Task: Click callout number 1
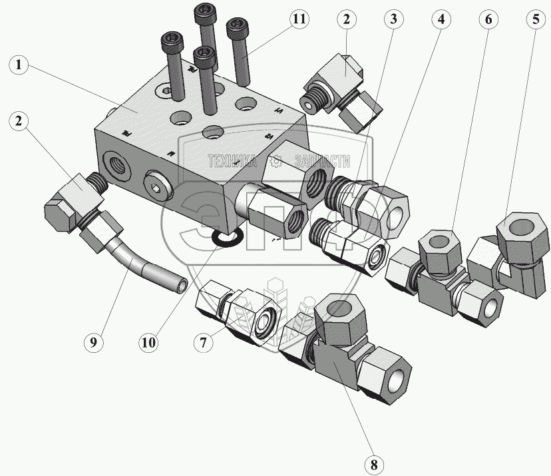pos(19,66)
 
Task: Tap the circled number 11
pos(299,19)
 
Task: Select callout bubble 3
pos(393,19)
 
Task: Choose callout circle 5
pos(534,19)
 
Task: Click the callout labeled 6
pos(488,19)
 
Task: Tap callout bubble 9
pos(94,343)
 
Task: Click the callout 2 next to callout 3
pos(346,19)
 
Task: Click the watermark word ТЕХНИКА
pos(232,160)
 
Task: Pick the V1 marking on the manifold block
pos(278,112)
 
